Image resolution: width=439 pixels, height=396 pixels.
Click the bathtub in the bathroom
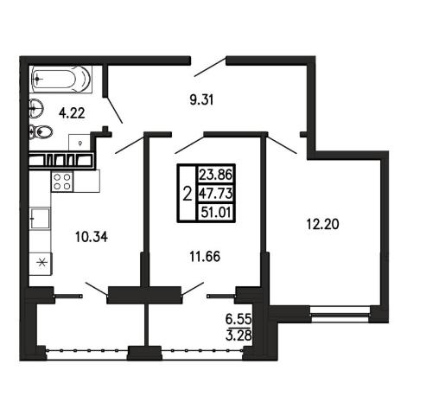click(x=60, y=79)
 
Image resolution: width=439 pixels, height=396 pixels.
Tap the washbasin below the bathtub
click(x=36, y=109)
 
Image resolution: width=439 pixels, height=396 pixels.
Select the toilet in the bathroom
click(x=41, y=132)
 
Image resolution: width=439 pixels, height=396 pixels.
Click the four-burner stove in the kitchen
click(x=62, y=182)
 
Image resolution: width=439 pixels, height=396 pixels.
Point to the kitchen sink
click(x=40, y=218)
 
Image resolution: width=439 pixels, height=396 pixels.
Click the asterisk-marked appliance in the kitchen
click(x=41, y=263)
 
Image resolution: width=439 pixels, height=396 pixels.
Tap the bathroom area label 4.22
click(x=72, y=113)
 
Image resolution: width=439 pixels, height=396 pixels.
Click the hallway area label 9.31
click(x=201, y=100)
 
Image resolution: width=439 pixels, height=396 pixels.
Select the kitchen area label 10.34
click(x=92, y=237)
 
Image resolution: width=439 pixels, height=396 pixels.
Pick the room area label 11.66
click(x=205, y=256)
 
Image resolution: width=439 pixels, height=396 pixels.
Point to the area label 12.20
click(x=322, y=224)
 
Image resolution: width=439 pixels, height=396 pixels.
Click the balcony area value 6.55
click(x=239, y=319)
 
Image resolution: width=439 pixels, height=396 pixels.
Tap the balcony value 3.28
click(x=239, y=335)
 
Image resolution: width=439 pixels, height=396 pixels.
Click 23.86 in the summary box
click(x=216, y=175)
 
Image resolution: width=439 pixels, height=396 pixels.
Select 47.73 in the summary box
click(x=216, y=194)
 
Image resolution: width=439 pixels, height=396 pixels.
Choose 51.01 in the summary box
click(x=216, y=213)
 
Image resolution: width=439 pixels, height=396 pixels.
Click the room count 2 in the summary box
click(x=188, y=194)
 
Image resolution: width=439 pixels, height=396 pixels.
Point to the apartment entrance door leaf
click(x=210, y=67)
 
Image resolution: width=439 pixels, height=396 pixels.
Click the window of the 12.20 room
click(x=340, y=315)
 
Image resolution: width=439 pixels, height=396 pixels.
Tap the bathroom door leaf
click(x=115, y=110)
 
